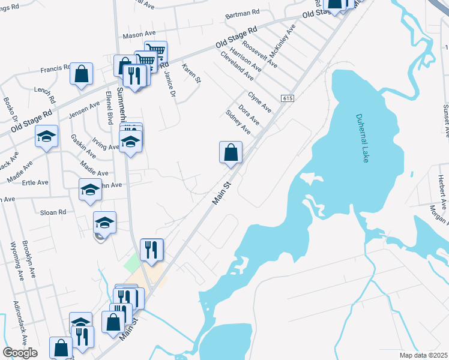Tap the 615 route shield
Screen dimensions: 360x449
pos(286,98)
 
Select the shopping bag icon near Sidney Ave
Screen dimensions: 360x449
pos(231,153)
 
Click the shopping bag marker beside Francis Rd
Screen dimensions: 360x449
pos(82,74)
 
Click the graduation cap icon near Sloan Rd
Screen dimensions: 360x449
pos(104,223)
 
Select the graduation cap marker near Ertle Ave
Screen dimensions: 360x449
pos(90,190)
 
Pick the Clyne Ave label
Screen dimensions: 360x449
pos(259,102)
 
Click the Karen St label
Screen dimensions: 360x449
pos(190,74)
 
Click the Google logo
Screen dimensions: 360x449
pos(20,353)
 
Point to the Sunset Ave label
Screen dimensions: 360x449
pos(445,121)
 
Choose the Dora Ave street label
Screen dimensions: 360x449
pos(249,115)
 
